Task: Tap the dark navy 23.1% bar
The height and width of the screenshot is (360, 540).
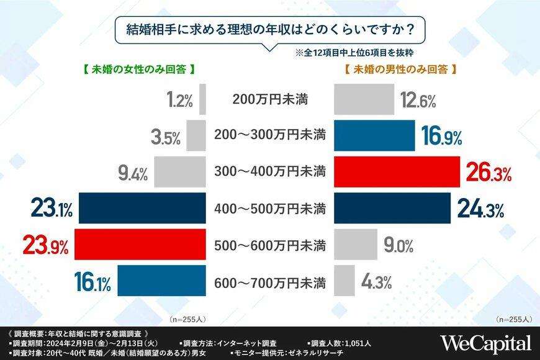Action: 142,208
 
